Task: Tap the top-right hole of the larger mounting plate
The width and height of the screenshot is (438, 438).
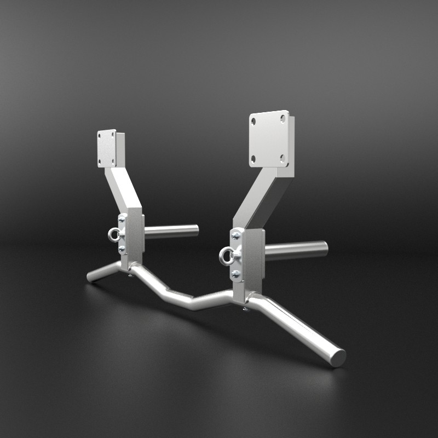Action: tap(283, 118)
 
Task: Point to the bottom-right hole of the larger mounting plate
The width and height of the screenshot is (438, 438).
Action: tap(283, 158)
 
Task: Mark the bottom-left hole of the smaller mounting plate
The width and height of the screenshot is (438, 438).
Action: tap(100, 162)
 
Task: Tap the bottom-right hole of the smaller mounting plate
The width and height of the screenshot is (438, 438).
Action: tap(113, 160)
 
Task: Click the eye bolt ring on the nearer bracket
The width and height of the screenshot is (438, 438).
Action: tap(226, 255)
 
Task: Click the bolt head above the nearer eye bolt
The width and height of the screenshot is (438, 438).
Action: tap(235, 236)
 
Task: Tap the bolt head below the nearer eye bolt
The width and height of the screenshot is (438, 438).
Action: tap(235, 273)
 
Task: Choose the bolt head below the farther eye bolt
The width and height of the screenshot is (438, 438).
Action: tap(121, 250)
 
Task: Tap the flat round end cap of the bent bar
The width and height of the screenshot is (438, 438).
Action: tap(338, 358)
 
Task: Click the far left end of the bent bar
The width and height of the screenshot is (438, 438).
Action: tap(90, 278)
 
